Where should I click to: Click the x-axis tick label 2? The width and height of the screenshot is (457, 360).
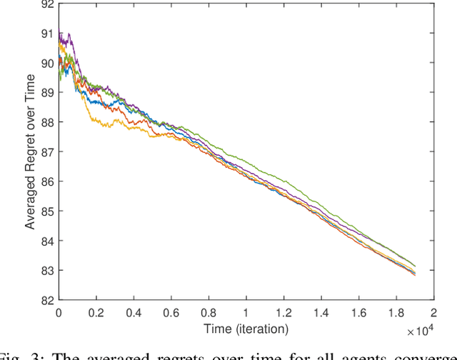pos(433,312)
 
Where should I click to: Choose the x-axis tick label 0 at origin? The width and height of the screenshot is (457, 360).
pos(59,312)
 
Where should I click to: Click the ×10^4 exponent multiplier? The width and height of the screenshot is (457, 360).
pos(422,329)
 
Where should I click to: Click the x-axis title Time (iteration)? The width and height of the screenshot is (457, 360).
pos(246,329)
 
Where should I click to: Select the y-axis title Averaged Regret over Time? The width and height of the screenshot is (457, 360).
pos(31,152)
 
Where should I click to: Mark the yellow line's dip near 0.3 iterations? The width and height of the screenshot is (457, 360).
pos(107,126)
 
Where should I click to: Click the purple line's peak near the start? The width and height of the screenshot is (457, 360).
pos(61,34)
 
